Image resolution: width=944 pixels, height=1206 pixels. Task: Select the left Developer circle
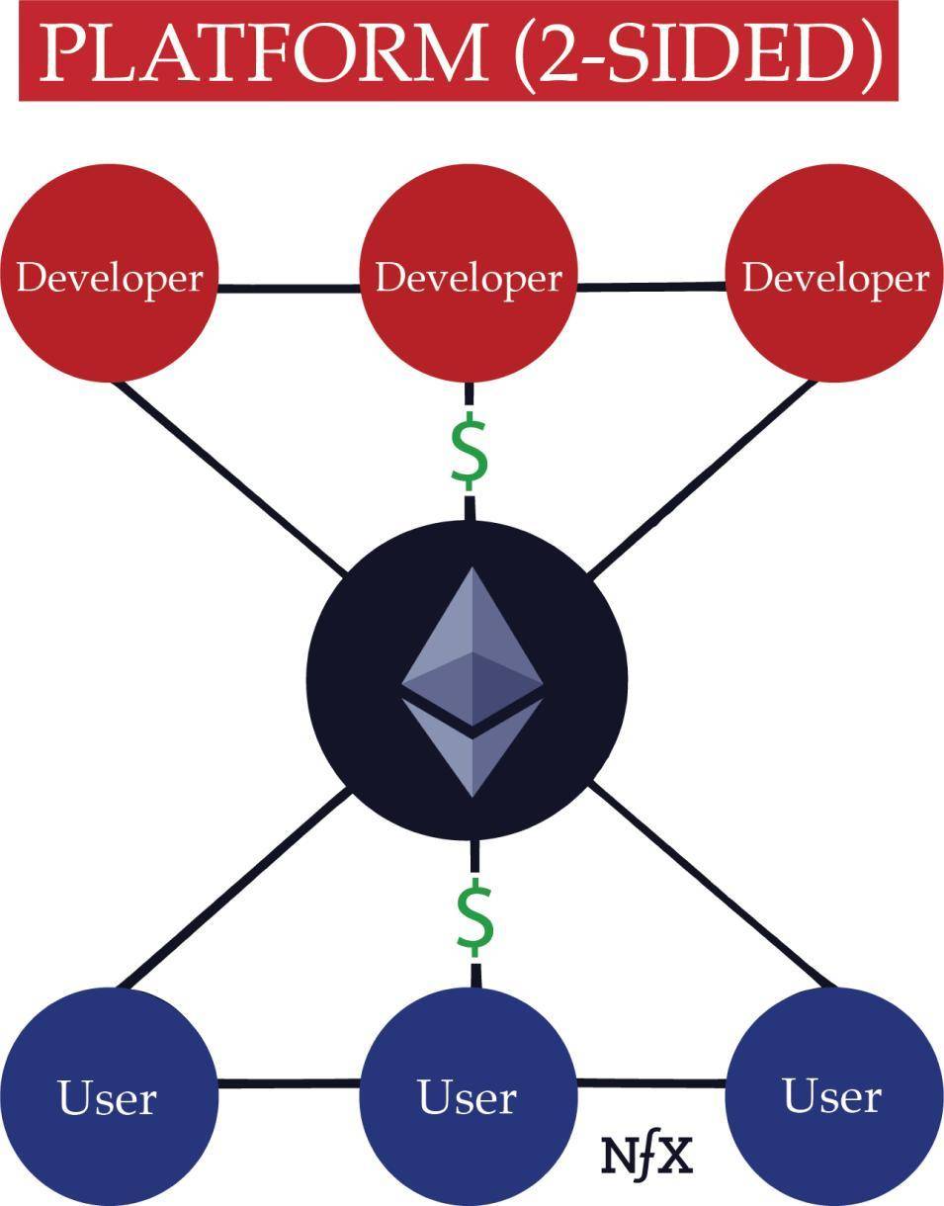109,274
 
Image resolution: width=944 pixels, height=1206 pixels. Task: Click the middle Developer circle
470,274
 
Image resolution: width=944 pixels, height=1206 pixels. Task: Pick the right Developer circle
834,274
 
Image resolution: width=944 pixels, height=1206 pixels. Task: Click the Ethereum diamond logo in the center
472,681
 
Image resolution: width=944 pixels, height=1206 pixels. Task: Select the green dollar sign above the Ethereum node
470,451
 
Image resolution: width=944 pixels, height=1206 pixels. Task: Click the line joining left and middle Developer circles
290,289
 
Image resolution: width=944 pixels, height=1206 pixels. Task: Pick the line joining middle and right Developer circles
652,287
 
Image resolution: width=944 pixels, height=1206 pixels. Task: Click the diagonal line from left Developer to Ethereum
229,477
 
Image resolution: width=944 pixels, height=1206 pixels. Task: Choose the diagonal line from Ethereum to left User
235,890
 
